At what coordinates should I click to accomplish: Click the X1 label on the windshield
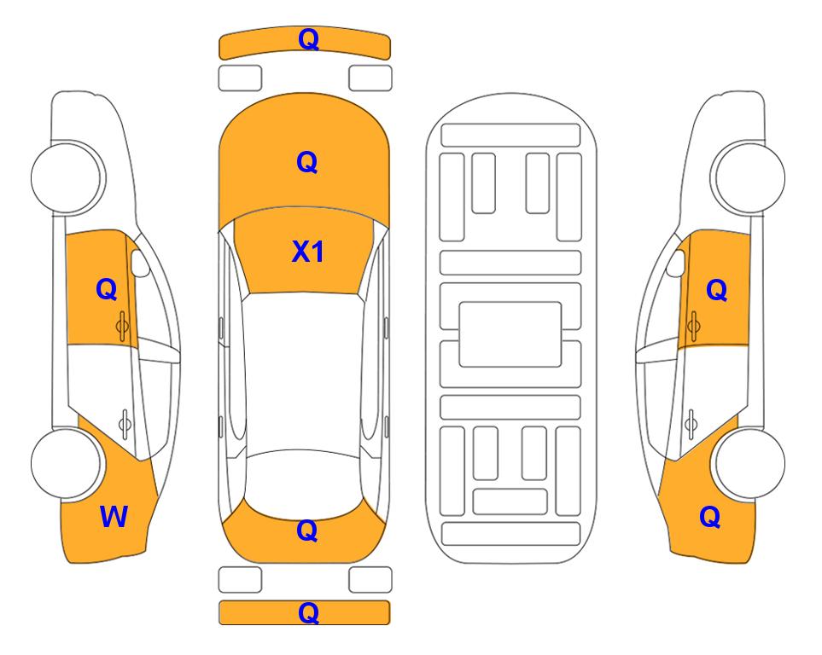click(x=308, y=252)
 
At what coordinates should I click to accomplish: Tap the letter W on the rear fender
click(x=114, y=517)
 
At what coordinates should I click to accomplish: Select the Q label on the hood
click(x=307, y=162)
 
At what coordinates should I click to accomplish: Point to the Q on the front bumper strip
click(x=309, y=39)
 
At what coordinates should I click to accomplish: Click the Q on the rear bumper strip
click(x=309, y=612)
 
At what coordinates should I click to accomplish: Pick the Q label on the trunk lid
click(x=307, y=530)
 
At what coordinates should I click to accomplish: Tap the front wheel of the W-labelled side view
click(x=67, y=177)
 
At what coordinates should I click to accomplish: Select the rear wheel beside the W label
click(x=67, y=463)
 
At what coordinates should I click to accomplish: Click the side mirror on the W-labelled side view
click(x=139, y=263)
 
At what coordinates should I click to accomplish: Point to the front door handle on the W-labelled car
click(x=122, y=326)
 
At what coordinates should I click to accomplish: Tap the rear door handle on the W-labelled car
click(x=125, y=423)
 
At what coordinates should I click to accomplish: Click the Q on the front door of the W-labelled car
click(x=107, y=289)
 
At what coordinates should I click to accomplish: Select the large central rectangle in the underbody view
click(x=510, y=334)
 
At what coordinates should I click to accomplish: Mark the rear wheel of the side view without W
click(x=750, y=463)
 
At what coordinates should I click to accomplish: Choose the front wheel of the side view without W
click(x=749, y=177)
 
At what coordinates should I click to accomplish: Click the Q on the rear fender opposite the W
click(x=710, y=517)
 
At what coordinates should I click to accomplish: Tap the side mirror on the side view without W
click(x=676, y=263)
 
